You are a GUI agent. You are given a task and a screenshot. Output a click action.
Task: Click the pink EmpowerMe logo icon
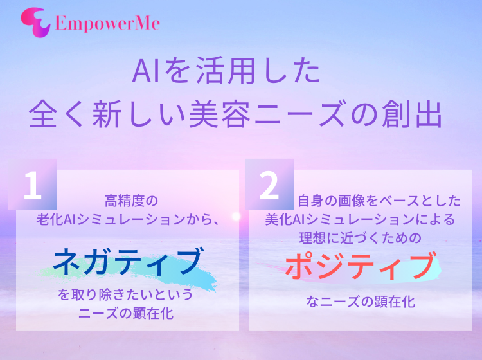click(35, 22)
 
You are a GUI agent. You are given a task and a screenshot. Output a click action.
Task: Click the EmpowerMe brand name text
click(107, 23)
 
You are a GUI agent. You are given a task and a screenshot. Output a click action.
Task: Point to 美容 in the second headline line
click(220, 114)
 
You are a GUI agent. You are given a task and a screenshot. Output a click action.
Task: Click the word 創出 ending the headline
click(412, 114)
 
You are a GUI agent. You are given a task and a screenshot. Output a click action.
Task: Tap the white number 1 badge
click(32, 185)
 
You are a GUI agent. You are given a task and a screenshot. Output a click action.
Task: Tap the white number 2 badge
click(269, 185)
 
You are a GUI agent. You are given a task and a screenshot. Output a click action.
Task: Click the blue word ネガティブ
click(128, 261)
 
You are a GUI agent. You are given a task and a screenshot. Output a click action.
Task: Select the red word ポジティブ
click(361, 265)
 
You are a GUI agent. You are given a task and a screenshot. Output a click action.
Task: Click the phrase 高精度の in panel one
click(131, 201)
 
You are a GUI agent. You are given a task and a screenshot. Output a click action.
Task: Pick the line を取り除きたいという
click(125, 294)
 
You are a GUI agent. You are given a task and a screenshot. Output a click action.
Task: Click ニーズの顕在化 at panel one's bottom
click(126, 313)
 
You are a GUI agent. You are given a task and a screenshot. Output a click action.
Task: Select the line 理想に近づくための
click(361, 239)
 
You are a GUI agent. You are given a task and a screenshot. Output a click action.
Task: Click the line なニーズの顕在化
click(361, 302)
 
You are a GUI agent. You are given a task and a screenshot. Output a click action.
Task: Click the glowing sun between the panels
click(236, 217)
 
